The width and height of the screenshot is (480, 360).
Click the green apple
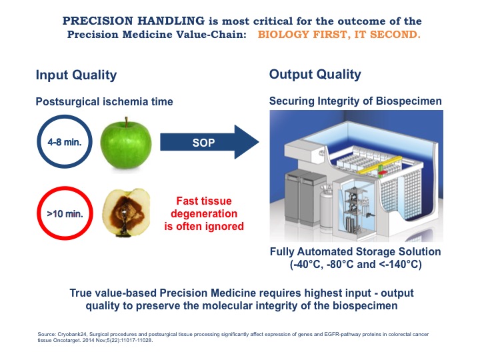[x=126, y=144]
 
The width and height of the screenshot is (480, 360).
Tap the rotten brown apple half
[x=126, y=213]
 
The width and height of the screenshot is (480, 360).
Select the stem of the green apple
[x=126, y=122]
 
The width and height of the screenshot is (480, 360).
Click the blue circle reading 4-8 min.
[x=65, y=142]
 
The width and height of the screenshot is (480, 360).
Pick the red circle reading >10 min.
[x=65, y=213]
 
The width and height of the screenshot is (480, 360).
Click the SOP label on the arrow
[x=203, y=143]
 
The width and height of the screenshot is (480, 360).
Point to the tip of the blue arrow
[x=259, y=142]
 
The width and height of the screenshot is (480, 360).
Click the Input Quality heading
[x=76, y=75]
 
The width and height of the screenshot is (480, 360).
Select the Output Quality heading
[x=315, y=75]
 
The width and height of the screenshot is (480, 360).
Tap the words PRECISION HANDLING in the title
[x=133, y=21]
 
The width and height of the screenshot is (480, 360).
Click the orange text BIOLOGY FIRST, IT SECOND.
[x=339, y=34]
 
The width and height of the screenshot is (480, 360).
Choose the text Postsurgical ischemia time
[x=105, y=101]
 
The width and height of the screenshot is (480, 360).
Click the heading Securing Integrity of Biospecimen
[x=355, y=101]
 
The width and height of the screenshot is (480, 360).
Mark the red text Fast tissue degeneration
[x=204, y=207]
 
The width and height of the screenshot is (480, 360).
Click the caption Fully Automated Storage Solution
[x=355, y=251]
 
